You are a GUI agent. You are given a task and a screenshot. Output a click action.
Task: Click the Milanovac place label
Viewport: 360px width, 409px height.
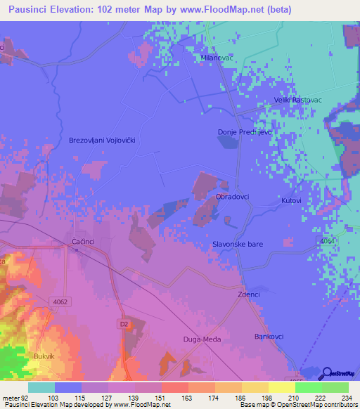point(217,58)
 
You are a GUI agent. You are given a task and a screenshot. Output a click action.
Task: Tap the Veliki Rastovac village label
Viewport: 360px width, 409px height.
point(302,100)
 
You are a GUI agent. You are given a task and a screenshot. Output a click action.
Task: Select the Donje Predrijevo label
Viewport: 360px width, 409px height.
point(245,132)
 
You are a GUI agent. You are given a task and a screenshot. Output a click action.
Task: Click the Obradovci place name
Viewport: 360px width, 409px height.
point(232,197)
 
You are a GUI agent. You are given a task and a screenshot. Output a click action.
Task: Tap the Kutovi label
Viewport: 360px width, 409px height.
point(291,201)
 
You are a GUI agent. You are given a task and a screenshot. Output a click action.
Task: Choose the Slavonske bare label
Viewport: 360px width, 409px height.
point(240,245)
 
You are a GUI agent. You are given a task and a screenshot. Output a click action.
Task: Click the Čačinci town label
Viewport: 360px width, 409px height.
point(84,241)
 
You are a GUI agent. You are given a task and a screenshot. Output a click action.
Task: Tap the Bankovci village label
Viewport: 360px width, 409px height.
point(269,337)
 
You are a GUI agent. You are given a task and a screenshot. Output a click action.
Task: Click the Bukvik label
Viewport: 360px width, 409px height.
point(44,356)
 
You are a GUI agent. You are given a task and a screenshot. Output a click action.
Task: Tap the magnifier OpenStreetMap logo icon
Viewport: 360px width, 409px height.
point(328,373)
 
